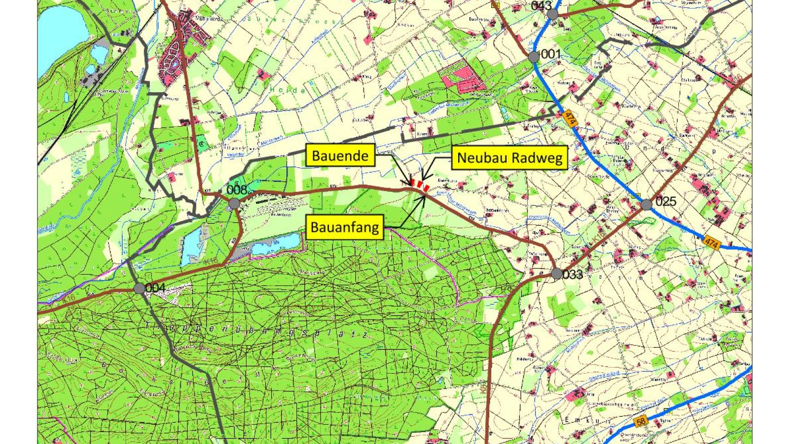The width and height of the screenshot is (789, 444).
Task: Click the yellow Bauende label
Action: click(x=340, y=156)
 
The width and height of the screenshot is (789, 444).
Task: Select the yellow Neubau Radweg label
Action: click(x=509, y=158)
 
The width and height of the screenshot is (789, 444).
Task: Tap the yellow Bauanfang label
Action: click(x=345, y=227)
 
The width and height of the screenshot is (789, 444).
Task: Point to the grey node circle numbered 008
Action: click(x=234, y=204)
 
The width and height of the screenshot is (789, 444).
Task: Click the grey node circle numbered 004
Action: click(x=140, y=289)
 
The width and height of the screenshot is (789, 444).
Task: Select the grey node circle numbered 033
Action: click(x=557, y=274)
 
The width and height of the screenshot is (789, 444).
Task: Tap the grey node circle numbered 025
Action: click(x=647, y=204)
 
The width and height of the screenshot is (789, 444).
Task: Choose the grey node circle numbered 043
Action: click(x=552, y=14)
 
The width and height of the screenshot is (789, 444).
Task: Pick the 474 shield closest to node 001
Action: click(x=571, y=118)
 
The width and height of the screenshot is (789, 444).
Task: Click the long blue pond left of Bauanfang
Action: click(x=275, y=244)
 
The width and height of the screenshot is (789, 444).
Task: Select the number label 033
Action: click(x=573, y=275)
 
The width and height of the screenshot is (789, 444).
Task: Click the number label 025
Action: click(x=666, y=202)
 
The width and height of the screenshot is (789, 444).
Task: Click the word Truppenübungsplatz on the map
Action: click(x=256, y=332)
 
